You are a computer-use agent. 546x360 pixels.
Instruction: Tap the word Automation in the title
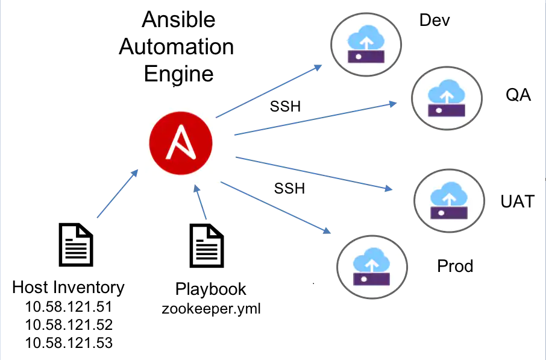(x=176, y=47)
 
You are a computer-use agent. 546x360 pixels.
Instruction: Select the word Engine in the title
(x=178, y=74)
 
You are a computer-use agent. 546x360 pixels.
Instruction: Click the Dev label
(x=435, y=21)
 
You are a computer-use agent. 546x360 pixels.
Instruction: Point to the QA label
(x=518, y=95)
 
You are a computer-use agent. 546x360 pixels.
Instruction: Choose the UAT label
(x=517, y=201)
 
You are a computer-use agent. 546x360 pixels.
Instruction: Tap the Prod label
(x=455, y=266)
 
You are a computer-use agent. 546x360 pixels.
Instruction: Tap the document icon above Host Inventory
(x=76, y=244)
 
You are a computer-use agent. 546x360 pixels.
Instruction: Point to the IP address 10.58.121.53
(x=69, y=343)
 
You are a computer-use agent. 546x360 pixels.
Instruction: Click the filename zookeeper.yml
(x=211, y=309)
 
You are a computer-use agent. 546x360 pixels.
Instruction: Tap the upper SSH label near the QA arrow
(x=284, y=107)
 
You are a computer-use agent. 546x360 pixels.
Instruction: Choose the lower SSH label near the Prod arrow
(x=289, y=189)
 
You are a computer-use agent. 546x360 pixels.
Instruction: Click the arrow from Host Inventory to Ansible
(x=117, y=193)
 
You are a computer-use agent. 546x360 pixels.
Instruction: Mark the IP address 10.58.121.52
(x=69, y=325)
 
